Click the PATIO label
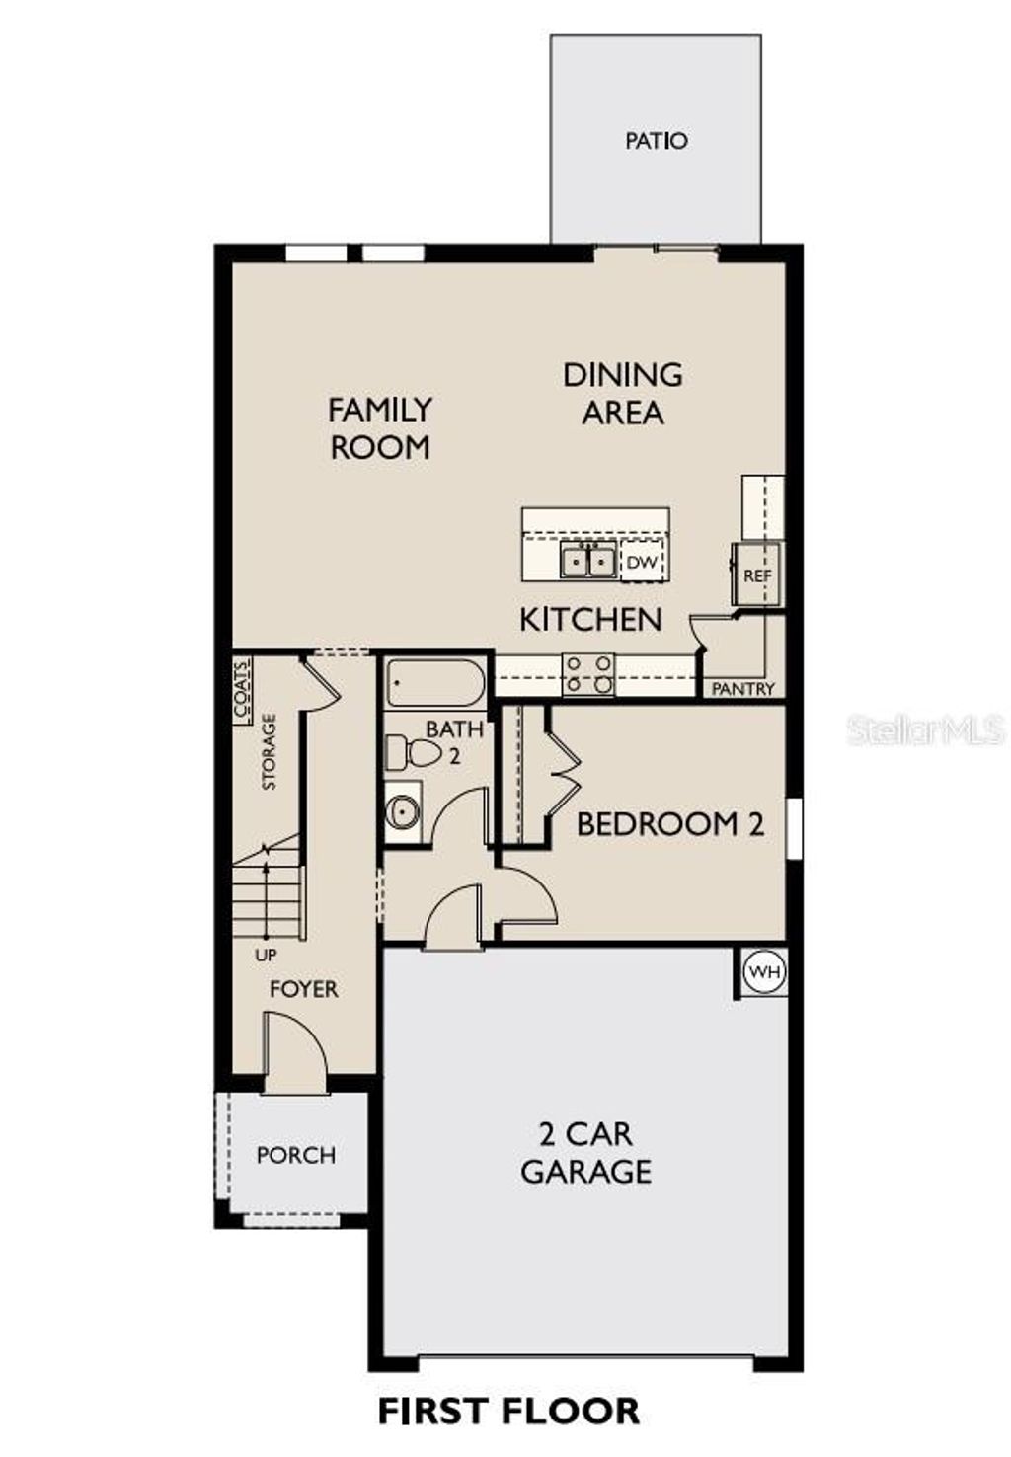657,141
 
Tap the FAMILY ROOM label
380,427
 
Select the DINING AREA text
623,393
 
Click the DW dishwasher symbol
642,563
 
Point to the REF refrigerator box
757,575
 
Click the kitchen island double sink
588,561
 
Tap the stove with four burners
587,675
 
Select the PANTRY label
743,689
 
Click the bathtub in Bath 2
435,682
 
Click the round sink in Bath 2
403,812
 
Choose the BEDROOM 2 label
670,823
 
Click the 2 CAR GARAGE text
586,1152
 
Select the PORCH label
295,1155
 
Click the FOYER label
303,989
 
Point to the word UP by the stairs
266,956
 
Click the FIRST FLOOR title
508,1411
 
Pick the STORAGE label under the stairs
269,752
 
